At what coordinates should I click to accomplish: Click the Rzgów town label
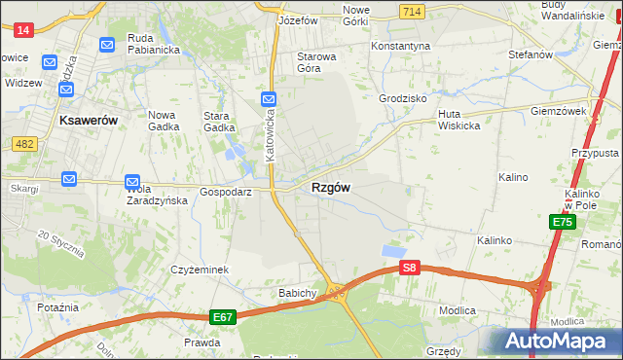(331, 188)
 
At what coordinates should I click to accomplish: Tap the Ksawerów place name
(89, 120)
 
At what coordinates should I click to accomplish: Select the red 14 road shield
(24, 30)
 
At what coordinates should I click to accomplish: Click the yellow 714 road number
(411, 11)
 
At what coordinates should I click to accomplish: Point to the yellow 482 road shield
(24, 144)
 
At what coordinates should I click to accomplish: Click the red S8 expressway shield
(411, 268)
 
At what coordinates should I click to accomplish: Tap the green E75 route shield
(562, 222)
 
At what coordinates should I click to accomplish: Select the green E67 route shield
(223, 317)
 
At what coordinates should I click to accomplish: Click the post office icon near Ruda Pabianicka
(107, 44)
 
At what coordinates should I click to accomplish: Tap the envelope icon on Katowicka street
(269, 98)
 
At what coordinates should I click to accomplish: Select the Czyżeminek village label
(199, 270)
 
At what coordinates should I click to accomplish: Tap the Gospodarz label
(226, 193)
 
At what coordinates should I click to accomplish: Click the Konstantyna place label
(400, 46)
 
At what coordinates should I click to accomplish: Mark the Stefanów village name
(530, 54)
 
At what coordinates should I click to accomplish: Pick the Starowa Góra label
(316, 62)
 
